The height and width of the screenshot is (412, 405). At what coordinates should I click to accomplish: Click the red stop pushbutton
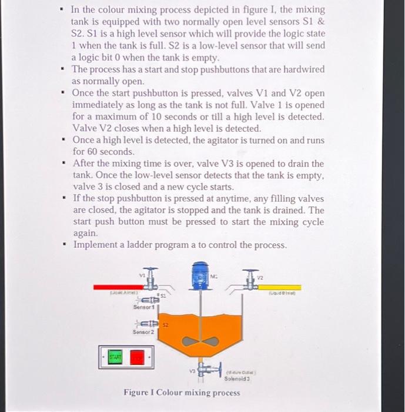137,357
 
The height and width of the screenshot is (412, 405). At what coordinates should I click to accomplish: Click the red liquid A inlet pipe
118,287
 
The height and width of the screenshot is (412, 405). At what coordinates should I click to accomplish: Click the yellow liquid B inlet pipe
282,287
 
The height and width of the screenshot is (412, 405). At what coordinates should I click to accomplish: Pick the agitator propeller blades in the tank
200,341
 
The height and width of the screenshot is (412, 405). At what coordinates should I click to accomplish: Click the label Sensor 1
143,307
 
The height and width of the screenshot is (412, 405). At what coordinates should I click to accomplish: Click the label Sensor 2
143,333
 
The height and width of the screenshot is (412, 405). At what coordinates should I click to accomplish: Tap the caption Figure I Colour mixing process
182,393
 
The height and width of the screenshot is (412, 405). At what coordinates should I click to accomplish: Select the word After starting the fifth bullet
85,163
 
